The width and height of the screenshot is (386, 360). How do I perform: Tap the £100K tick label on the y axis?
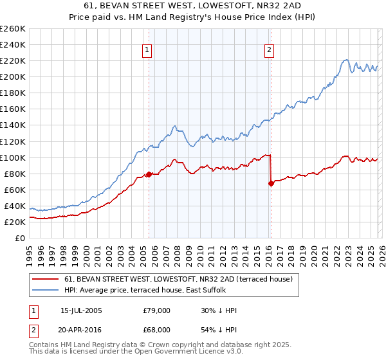[12, 157]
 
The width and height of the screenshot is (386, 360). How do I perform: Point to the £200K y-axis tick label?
[12, 76]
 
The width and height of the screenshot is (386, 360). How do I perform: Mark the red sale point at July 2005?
[149, 174]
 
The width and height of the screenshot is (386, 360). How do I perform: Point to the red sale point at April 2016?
[271, 183]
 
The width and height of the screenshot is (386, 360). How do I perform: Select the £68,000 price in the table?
[157, 329]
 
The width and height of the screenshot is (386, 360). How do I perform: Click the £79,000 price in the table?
[157, 310]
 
